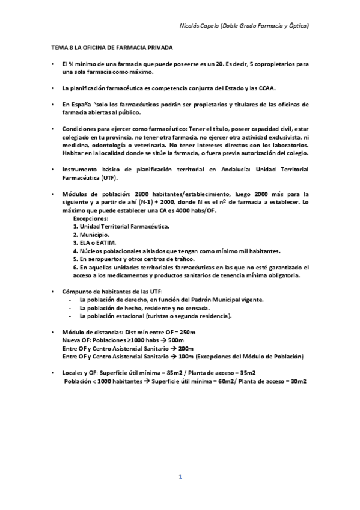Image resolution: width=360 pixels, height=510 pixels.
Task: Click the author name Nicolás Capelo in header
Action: (x=200, y=26)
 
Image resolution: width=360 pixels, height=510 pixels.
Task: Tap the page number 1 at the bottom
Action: (x=180, y=477)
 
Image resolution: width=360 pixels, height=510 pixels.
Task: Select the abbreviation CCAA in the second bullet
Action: (x=265, y=88)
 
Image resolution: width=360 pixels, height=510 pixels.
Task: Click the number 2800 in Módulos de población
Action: (x=145, y=194)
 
